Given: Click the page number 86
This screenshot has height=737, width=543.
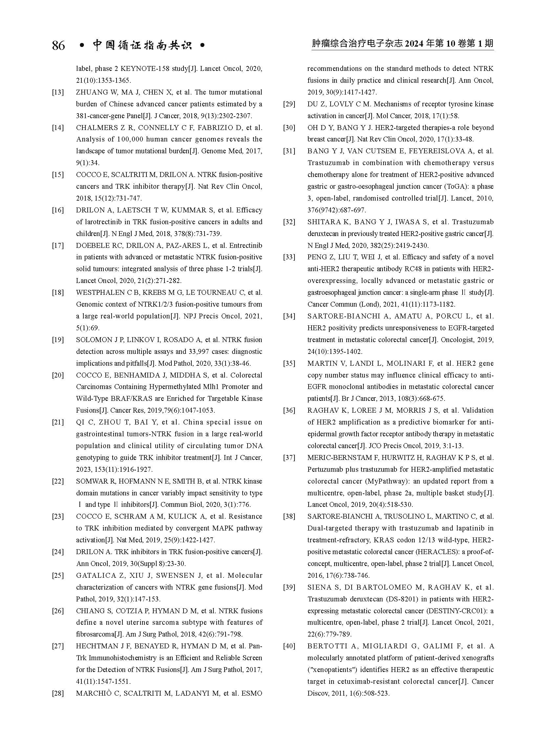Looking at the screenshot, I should point(58,45).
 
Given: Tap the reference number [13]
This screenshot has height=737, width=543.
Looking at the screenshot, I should point(58,92).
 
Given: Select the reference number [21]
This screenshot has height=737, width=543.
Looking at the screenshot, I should point(58,423).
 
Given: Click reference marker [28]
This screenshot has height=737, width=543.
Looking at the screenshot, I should point(58,694).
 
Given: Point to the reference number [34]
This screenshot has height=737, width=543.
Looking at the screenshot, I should point(289,316).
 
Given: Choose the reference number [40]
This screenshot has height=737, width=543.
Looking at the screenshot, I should point(289,646).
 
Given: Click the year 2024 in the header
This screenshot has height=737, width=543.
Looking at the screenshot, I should point(414,44).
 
